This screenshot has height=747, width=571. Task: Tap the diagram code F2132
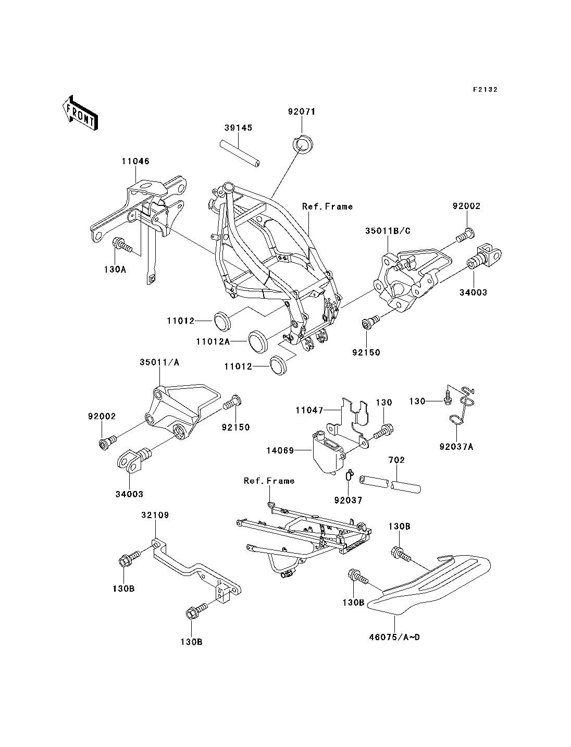coord(485,89)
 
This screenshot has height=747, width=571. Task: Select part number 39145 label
coord(239,128)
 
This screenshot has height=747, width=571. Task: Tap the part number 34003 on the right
coord(474,292)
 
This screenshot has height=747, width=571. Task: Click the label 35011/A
coord(159,362)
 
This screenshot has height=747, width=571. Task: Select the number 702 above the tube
coord(396,460)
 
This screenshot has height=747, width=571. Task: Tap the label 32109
coord(155,515)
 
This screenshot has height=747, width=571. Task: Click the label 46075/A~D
coord(395,637)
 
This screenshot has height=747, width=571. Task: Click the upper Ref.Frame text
coord(327,206)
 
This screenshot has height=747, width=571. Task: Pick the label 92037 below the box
coord(349,499)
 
